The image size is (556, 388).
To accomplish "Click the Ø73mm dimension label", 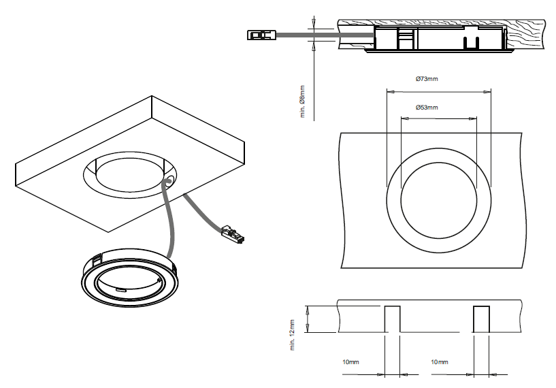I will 427,80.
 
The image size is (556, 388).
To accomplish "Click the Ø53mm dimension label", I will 427,108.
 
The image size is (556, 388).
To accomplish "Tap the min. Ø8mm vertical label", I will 303,100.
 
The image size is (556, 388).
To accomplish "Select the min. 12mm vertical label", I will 292,335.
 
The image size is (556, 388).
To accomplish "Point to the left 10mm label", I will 350,362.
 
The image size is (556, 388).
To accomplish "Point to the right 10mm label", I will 439,362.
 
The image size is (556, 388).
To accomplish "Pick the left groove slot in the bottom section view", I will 393,319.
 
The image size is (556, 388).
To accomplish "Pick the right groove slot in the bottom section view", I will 482,319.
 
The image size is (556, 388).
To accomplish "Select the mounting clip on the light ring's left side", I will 97,258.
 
